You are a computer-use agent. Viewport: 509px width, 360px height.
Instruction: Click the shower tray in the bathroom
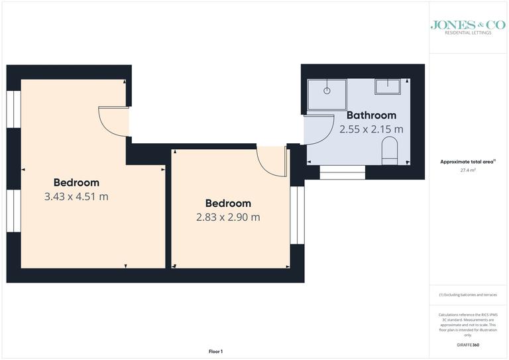coord(327,95)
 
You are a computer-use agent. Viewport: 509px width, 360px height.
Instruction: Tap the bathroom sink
coord(388,87)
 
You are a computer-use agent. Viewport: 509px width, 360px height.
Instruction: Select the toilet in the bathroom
coord(390,151)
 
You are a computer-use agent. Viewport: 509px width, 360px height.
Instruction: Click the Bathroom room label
coord(371,115)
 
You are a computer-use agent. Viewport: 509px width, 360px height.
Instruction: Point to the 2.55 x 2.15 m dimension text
coord(371,130)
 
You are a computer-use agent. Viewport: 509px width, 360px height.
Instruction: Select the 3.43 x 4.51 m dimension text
coord(76,196)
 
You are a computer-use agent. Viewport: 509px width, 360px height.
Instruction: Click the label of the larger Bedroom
coord(76,182)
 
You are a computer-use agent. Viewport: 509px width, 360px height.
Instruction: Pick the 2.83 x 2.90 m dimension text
coord(228,217)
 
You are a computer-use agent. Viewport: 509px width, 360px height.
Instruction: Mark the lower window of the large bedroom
coord(13,211)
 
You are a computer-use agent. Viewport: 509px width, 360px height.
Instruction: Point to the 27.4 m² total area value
coord(469,170)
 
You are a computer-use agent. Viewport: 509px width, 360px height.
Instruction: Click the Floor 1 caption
coord(216,351)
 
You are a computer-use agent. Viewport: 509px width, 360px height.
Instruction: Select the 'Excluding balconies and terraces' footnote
coord(468,294)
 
